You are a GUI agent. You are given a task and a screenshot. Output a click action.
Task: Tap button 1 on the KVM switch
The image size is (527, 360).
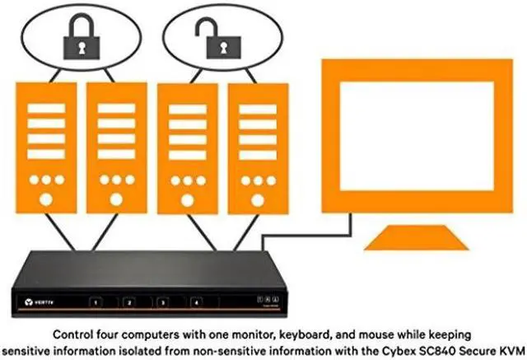point(98,302)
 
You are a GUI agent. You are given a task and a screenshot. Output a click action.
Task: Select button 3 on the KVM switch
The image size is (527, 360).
point(163,302)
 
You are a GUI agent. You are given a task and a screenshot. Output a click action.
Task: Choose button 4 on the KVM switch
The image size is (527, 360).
point(196,302)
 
